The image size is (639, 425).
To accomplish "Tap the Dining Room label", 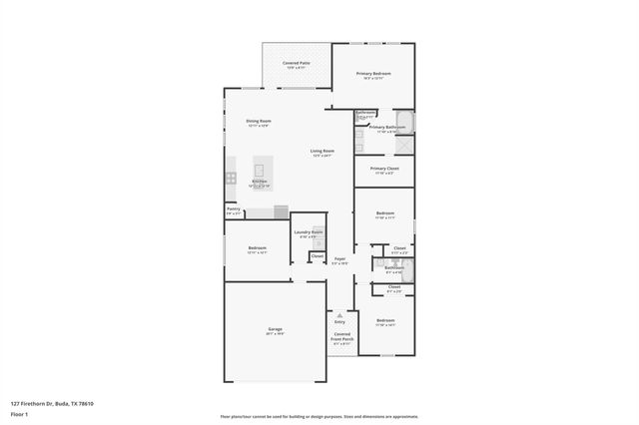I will pyautogui.click(x=259, y=123).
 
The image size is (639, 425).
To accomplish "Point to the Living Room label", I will pyautogui.click(x=321, y=153).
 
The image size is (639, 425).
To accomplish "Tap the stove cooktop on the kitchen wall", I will pyautogui.click(x=230, y=179).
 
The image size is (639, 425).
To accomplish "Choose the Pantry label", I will pyautogui.click(x=233, y=211).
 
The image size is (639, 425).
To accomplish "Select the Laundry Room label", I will pyautogui.click(x=309, y=234).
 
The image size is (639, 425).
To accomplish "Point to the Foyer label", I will pyautogui.click(x=339, y=260).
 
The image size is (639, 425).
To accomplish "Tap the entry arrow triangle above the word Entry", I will pyautogui.click(x=339, y=314).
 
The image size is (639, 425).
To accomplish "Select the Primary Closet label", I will pyautogui.click(x=384, y=170).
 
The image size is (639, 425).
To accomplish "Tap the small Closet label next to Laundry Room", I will pyautogui.click(x=317, y=256).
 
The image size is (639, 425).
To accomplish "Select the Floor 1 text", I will pyautogui.click(x=19, y=414).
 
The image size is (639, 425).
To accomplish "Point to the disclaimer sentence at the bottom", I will pyautogui.click(x=319, y=417).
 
